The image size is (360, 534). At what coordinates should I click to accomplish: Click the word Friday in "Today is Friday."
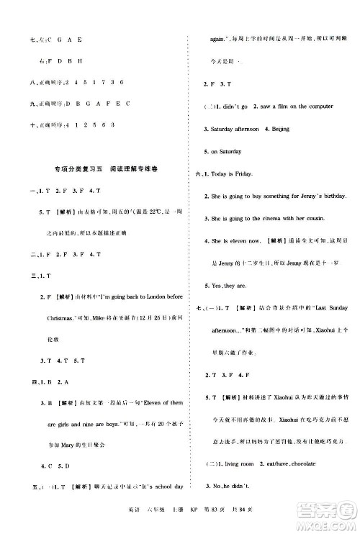point(256,173)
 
